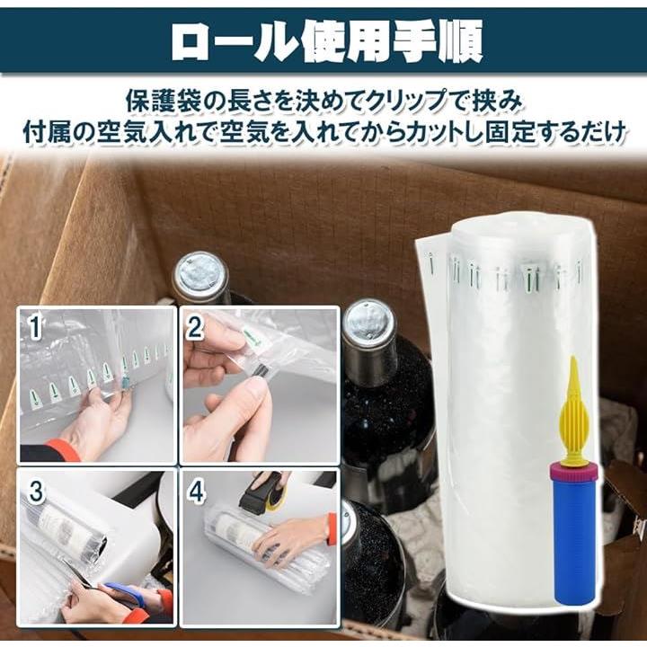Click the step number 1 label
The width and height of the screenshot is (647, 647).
tap(35, 327)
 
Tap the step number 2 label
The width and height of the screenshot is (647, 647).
tap(196, 327)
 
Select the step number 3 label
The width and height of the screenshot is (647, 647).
tap(36, 491)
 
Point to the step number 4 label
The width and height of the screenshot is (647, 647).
tap(196, 491)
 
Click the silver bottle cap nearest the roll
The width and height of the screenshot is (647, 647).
tap(368, 320)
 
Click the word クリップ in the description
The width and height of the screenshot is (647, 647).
tap(407, 102)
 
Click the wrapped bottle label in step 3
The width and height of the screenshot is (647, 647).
tap(62, 523)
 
